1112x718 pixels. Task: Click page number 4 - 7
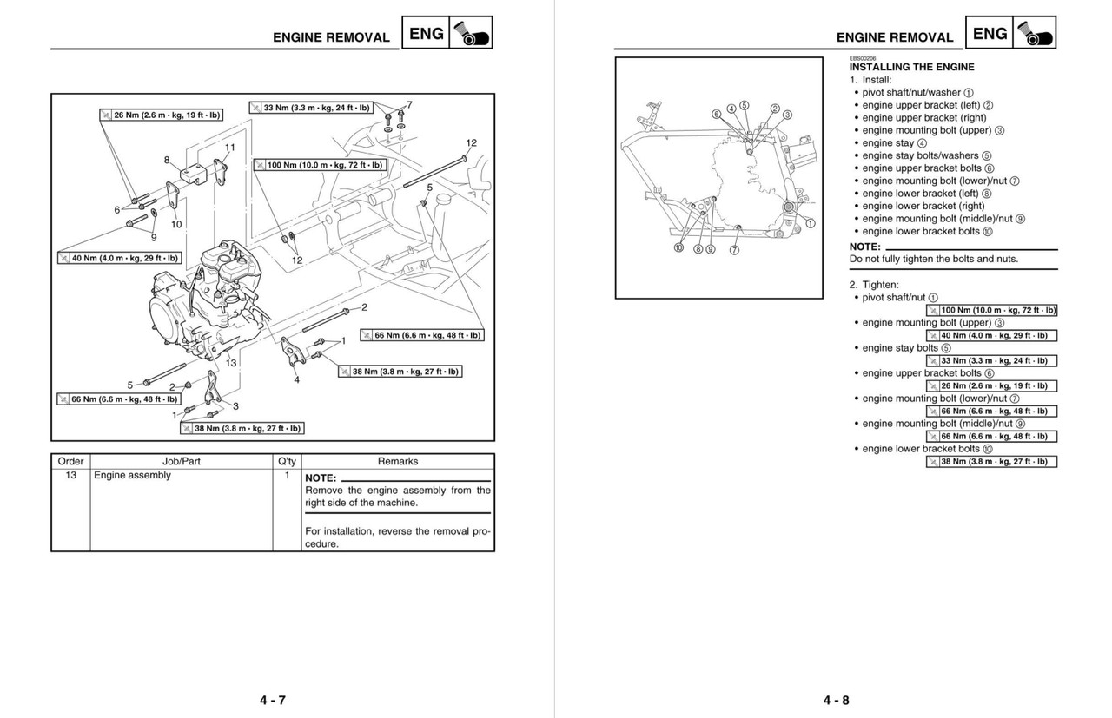[x=272, y=701]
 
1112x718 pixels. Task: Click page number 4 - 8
[x=837, y=701]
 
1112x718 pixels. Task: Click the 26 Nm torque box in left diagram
[x=161, y=115]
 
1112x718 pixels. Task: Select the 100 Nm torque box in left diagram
[x=319, y=164]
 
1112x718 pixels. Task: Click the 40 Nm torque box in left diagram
[x=119, y=258]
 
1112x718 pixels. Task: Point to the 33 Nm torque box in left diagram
[x=310, y=108]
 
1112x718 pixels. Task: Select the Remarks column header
[x=398, y=462]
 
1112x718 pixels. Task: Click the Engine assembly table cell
[x=133, y=476]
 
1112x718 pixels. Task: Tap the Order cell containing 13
[x=70, y=476]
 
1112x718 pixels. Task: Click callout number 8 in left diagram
[x=167, y=160]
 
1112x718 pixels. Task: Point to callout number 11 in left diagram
[x=229, y=148]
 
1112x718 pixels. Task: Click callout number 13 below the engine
[x=231, y=363]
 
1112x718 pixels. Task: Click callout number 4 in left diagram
[x=296, y=380]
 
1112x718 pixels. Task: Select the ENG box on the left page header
[x=427, y=34]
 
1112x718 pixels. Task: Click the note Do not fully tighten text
[x=933, y=259]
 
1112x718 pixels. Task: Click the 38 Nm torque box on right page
[x=991, y=462]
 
